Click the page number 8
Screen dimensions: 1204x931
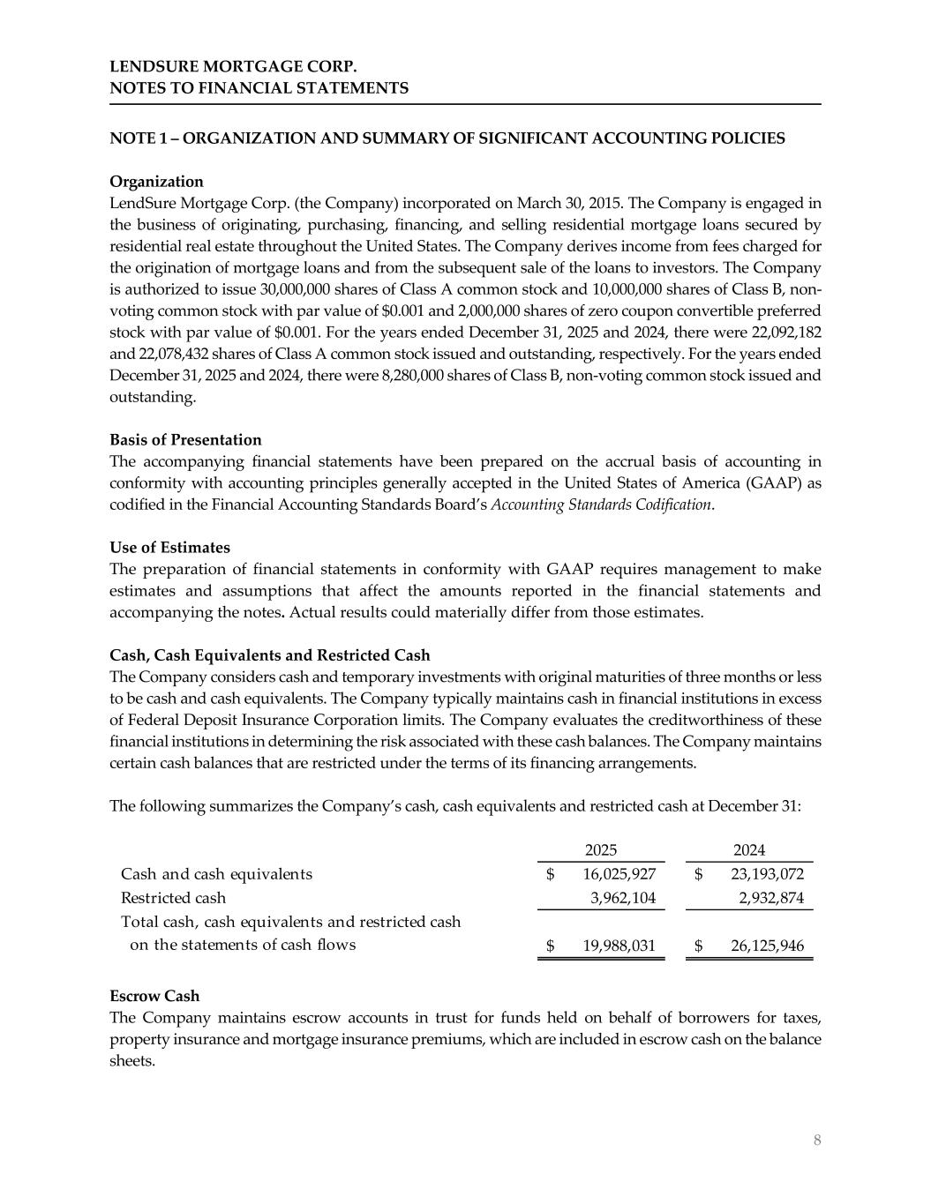pyautogui.click(x=817, y=1140)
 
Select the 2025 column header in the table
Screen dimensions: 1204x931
pyautogui.click(x=601, y=850)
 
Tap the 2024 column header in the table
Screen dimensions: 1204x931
pyautogui.click(x=749, y=850)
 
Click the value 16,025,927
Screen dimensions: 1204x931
pyautogui.click(x=619, y=874)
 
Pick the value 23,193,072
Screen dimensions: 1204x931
pyautogui.click(x=768, y=874)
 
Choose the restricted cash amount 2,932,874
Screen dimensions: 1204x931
pyautogui.click(x=770, y=898)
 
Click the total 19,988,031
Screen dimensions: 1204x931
pyautogui.click(x=619, y=946)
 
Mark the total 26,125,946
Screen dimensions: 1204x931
pyautogui.click(x=768, y=946)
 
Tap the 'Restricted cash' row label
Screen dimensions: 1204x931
pyautogui.click(x=173, y=898)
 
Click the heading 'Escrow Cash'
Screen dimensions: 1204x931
pyautogui.click(x=154, y=996)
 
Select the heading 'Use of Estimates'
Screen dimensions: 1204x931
pyautogui.click(x=169, y=548)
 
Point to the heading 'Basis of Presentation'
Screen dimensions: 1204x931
pyautogui.click(x=185, y=440)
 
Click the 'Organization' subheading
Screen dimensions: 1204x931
pyautogui.click(x=156, y=182)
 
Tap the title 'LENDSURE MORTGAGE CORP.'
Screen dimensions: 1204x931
pyautogui.click(x=234, y=67)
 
